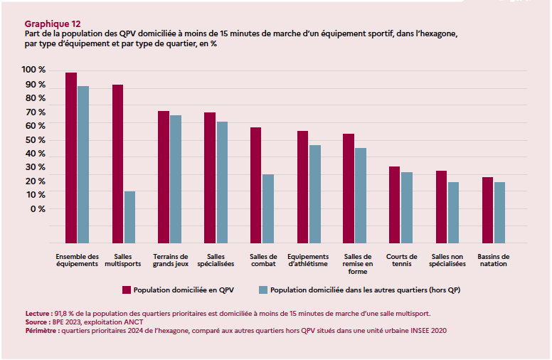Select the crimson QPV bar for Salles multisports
point(117,164)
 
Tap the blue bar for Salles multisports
point(129,217)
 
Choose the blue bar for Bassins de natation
point(500,213)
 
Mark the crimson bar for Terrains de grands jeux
point(164,177)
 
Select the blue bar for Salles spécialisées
point(222,182)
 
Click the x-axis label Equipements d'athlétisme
point(308,260)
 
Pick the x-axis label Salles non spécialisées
point(447,260)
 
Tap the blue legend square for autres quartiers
point(262,290)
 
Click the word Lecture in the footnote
point(38,313)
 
